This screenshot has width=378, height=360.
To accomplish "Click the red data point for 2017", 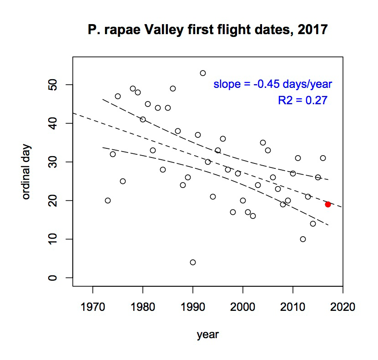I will coord(328,204).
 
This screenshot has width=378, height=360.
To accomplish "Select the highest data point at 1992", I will coord(203,73).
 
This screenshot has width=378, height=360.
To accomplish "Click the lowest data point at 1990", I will coord(193,262).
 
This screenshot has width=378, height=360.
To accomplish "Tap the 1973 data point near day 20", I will coord(108,201).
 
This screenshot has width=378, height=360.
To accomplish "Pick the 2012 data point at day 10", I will coord(303,239).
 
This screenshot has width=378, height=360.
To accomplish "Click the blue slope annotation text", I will coord(273,84).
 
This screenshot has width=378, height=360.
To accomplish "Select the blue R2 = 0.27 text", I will coord(302,101).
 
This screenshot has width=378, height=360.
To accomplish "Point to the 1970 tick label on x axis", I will coord(93,305).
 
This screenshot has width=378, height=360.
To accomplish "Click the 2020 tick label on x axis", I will coord(343,305).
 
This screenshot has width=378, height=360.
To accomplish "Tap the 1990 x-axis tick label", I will coord(193,305).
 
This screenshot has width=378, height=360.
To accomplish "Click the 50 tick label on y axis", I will coord(54,85).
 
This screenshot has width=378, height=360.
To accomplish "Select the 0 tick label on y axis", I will coord(54,278).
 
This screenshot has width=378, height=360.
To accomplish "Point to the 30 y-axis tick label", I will coord(54,162).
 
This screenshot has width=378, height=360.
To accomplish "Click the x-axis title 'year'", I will coord(207,335).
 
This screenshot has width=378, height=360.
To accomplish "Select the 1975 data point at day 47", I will coord(118,96).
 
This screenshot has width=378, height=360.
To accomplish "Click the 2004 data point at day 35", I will coord(263,142).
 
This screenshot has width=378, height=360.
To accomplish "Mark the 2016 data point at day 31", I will coord(323,158).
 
